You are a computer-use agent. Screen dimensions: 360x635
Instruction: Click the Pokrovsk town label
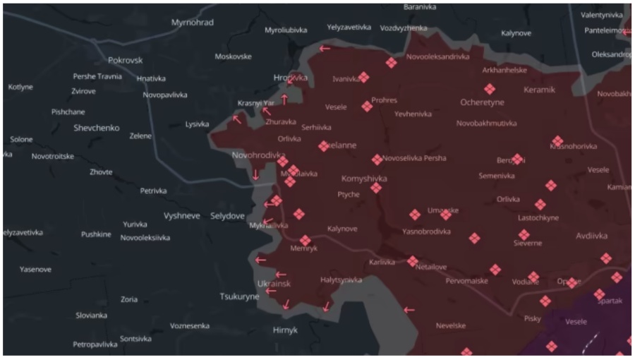tap(126, 61)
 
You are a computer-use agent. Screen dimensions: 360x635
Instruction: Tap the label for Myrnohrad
tap(192, 23)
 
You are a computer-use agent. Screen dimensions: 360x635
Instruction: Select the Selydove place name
tap(227, 215)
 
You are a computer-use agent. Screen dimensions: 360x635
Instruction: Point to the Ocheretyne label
tap(482, 102)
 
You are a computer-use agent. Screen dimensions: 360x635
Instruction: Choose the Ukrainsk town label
tap(274, 284)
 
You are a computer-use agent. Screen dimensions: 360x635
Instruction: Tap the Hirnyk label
tap(285, 330)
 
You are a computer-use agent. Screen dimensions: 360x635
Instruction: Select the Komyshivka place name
tap(363, 179)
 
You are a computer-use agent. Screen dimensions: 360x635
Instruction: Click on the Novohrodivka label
tap(258, 155)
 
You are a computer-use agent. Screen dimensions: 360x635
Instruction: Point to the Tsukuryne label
tap(239, 296)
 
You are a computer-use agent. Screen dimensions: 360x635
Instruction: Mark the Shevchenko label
tap(97, 128)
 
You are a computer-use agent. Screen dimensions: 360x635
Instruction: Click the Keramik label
tap(540, 90)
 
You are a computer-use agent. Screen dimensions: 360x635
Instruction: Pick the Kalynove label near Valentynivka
tap(516, 33)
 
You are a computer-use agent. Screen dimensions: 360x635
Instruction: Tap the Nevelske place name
tap(450, 325)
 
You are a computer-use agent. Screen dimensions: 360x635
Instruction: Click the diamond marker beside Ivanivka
tap(363, 77)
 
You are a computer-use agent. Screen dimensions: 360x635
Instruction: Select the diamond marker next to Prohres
tap(367, 107)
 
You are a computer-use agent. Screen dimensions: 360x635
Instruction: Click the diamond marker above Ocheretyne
tap(490, 89)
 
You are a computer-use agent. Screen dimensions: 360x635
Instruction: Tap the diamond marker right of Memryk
tap(305, 241)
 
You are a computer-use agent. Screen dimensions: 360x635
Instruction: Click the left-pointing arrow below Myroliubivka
tap(325, 49)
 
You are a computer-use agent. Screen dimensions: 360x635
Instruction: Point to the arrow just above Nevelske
tap(409, 309)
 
